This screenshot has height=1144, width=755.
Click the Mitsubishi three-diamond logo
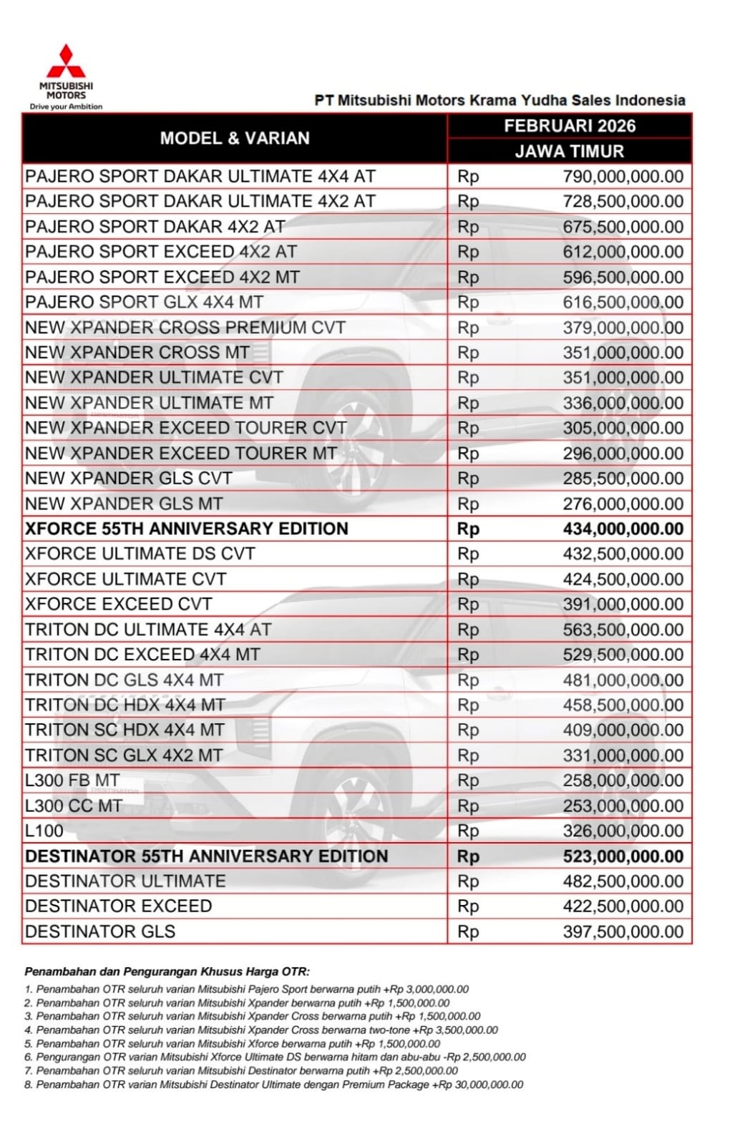66,62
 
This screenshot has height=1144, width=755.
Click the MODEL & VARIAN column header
235,138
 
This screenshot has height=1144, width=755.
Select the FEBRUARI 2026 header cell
570,126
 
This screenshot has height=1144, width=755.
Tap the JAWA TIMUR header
570,152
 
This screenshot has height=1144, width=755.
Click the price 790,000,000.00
623,177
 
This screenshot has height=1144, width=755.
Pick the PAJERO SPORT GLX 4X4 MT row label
144,303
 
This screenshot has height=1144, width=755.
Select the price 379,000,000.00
623,328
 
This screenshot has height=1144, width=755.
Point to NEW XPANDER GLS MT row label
124,504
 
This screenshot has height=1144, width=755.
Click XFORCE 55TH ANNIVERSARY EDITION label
187,529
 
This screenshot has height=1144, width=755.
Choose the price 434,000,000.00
623,529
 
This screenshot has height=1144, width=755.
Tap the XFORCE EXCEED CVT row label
118,605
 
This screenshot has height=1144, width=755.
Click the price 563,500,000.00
623,630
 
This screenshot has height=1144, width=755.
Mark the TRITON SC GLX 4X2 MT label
124,756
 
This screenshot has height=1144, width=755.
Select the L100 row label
44,831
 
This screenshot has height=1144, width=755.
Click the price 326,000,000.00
623,831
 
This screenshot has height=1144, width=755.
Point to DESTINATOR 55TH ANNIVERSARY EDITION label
207,856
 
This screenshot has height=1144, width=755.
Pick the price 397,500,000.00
623,932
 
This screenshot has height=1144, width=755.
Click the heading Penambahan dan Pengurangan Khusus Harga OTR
167,972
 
